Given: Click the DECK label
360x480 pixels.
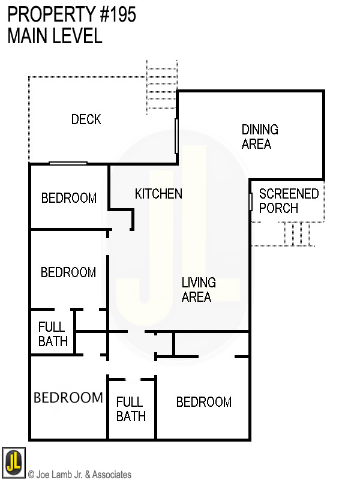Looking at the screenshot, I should [x=86, y=119].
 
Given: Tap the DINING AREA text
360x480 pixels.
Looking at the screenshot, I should [x=259, y=137].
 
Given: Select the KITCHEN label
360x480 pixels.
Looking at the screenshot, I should [x=158, y=194].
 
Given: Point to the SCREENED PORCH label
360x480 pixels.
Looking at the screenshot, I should [x=289, y=201].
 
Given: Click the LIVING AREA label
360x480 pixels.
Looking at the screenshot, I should [x=198, y=289].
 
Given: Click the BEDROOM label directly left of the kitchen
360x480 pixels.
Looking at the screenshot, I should [x=68, y=198].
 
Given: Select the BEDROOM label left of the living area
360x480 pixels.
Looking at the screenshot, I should [x=68, y=272].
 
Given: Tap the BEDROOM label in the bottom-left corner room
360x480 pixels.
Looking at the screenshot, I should [x=68, y=397].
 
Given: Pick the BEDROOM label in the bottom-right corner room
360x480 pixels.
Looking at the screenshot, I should [x=203, y=402].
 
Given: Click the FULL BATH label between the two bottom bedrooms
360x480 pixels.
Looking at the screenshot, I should [x=131, y=409].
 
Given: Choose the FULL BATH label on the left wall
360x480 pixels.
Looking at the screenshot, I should [x=53, y=334].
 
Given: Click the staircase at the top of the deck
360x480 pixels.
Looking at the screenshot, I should [x=162, y=88].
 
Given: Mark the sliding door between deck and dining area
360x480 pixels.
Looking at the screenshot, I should [x=176, y=136].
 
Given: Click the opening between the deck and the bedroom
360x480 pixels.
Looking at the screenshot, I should [x=68, y=163].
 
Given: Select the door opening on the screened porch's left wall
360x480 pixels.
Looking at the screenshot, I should [x=250, y=202].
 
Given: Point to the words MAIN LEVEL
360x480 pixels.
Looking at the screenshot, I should [x=55, y=36].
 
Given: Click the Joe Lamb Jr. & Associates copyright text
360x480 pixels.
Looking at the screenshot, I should [x=79, y=475].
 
